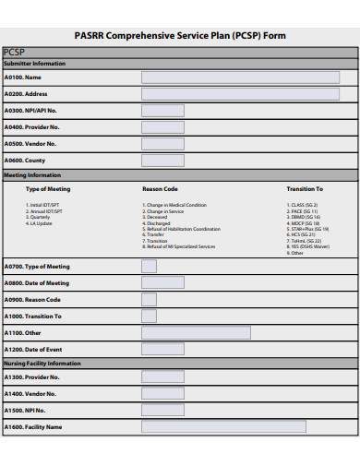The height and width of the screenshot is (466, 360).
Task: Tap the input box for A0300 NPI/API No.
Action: (x=162, y=111)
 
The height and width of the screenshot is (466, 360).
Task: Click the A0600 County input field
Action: (x=162, y=160)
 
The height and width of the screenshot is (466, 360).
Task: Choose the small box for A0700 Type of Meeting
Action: (x=149, y=267)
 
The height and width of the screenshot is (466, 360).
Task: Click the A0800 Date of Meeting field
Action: (x=162, y=283)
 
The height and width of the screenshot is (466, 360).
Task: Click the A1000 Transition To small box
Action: (x=149, y=317)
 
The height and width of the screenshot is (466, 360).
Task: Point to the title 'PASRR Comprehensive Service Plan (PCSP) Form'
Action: (x=180, y=35)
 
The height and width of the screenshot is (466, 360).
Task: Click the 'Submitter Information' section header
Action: (x=35, y=64)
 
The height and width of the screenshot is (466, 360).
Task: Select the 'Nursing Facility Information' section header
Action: (x=42, y=364)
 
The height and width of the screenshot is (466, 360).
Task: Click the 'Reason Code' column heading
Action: (x=160, y=189)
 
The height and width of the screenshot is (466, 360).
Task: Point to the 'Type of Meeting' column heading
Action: (x=48, y=189)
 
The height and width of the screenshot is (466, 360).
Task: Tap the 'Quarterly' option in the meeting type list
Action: (x=42, y=218)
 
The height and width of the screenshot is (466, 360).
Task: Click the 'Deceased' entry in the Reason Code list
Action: (x=157, y=218)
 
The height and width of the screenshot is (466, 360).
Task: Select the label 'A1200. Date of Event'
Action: (x=33, y=350)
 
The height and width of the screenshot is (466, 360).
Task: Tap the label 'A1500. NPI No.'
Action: (x=25, y=410)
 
